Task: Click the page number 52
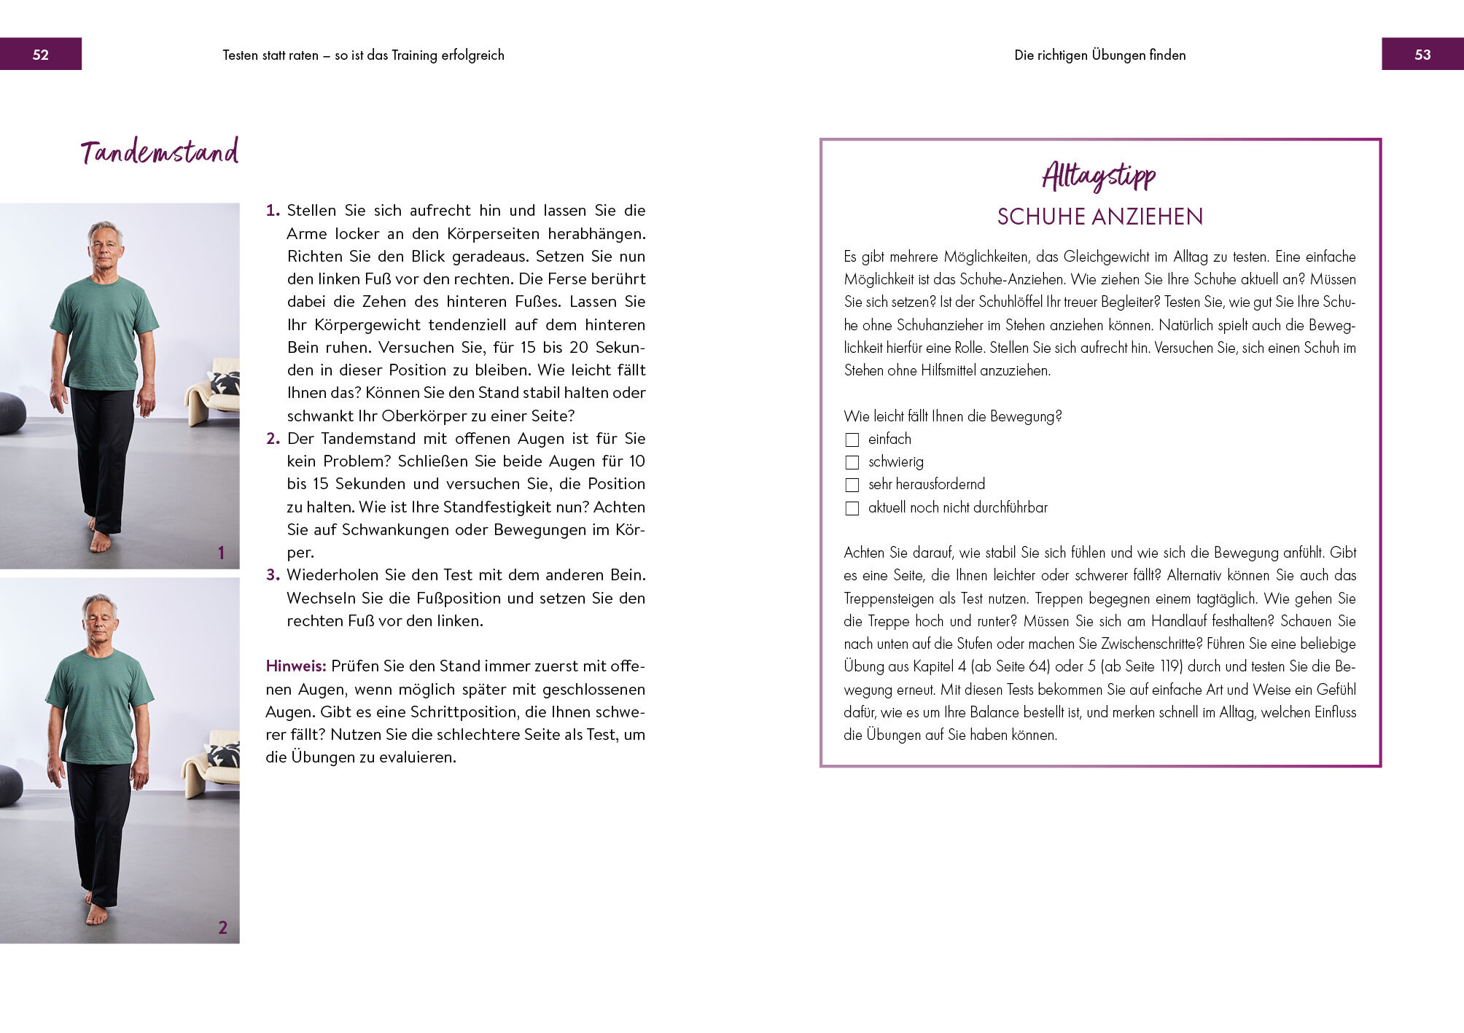(x=41, y=55)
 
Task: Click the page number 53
(x=1422, y=55)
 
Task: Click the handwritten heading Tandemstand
(x=160, y=152)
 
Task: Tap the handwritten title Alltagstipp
(x=1099, y=176)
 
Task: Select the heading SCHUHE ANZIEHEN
(x=1099, y=217)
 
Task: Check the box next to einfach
(x=852, y=440)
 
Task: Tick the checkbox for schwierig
(x=852, y=462)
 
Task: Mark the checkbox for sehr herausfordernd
(x=852, y=485)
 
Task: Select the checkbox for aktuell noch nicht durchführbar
(x=852, y=508)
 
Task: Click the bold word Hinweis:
(x=295, y=666)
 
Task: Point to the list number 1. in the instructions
(x=273, y=211)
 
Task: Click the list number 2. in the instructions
(x=273, y=439)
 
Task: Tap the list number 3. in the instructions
(x=273, y=575)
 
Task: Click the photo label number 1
(x=221, y=553)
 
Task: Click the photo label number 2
(x=222, y=927)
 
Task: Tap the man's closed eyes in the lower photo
(x=99, y=618)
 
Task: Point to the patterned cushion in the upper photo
(x=224, y=383)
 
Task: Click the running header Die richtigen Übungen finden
(x=1099, y=55)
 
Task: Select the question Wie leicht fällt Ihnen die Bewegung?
(x=952, y=416)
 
